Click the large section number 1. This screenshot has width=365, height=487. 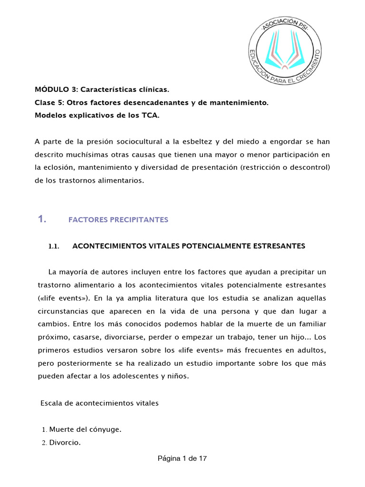click(x=41, y=219)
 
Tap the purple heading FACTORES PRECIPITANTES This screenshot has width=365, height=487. click(x=118, y=220)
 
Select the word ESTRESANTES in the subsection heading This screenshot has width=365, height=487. click(x=279, y=246)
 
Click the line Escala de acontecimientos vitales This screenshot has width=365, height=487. click(x=99, y=403)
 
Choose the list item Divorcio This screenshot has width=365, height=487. click(x=65, y=443)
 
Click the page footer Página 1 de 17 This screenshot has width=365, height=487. click(x=182, y=459)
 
